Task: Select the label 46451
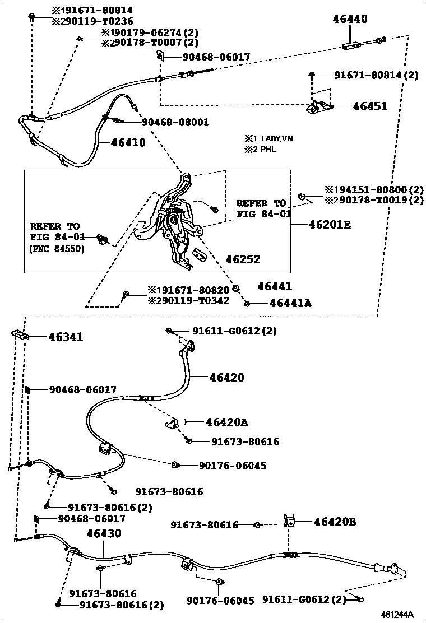(370, 105)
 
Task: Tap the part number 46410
(128, 143)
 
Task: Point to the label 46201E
(330, 225)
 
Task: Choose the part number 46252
(243, 259)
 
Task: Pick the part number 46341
(66, 337)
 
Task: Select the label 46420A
(226, 422)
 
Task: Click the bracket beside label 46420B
(290, 520)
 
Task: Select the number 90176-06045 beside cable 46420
(224, 466)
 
